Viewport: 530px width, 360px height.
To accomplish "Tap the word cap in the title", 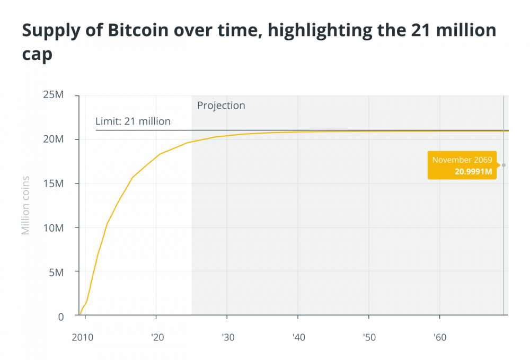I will pyautogui.click(x=37, y=55).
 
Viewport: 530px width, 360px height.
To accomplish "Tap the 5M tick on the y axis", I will pyautogui.click(x=56, y=272).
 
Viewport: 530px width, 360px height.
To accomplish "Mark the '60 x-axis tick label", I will pyautogui.click(x=439, y=336).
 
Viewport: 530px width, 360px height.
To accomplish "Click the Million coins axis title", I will pyautogui.click(x=25, y=206).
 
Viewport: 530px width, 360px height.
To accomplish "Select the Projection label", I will pyautogui.click(x=221, y=106).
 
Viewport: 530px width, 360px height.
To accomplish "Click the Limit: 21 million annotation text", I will pyautogui.click(x=133, y=121).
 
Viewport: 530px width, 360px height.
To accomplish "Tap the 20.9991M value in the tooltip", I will pyautogui.click(x=473, y=171).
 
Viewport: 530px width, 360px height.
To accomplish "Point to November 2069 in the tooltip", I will pyautogui.click(x=462, y=160).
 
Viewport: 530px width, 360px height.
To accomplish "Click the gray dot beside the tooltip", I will pyautogui.click(x=503, y=165).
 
